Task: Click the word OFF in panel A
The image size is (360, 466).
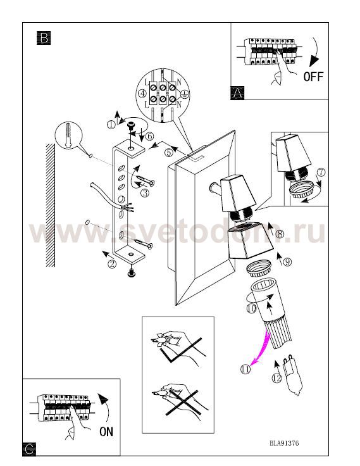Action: (313, 77)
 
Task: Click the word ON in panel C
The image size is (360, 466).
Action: (106, 432)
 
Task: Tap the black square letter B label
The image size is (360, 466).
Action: (44, 38)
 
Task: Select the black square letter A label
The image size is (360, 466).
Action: (237, 93)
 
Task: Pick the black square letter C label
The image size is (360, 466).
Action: (29, 449)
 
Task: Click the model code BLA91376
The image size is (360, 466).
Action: (284, 443)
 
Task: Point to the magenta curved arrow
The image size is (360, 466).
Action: (261, 348)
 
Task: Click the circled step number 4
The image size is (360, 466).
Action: (142, 94)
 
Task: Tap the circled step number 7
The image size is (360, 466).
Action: (321, 172)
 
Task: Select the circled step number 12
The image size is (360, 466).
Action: (276, 378)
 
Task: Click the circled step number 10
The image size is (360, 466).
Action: (252, 308)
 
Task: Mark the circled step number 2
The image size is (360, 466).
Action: (112, 264)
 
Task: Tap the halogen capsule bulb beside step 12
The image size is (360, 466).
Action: (292, 375)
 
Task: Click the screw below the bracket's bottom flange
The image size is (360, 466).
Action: (131, 272)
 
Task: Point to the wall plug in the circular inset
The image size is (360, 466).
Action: (68, 135)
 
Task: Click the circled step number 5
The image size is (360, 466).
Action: (169, 152)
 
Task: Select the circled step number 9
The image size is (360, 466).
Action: (287, 262)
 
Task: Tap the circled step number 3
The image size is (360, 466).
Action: (145, 193)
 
